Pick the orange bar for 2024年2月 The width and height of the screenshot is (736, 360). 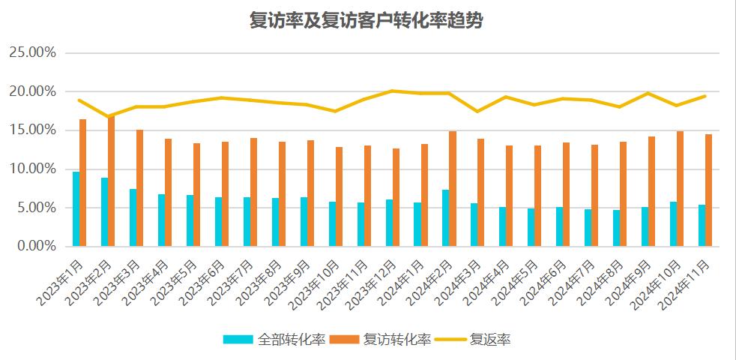point(453,188)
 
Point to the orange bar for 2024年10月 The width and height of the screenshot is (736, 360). point(680,188)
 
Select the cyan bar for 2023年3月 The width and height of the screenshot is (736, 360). point(133,217)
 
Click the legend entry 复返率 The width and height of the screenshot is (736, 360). point(490,340)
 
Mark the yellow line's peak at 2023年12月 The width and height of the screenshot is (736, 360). point(392,91)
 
